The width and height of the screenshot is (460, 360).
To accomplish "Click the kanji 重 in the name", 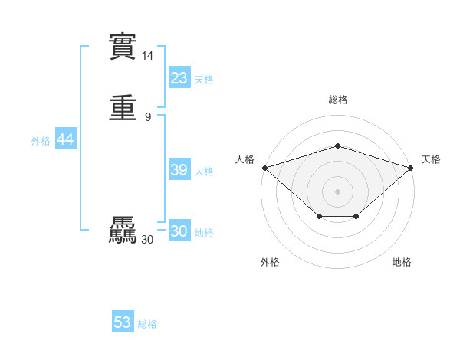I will click(x=123, y=107).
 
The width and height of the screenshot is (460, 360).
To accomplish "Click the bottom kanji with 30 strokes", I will click(x=123, y=231).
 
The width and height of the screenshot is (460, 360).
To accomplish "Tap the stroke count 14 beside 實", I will click(x=147, y=56).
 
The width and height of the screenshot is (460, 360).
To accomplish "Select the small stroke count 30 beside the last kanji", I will click(x=147, y=240).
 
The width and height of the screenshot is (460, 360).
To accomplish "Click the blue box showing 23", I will click(x=179, y=78).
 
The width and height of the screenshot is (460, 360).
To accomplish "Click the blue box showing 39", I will click(x=179, y=170).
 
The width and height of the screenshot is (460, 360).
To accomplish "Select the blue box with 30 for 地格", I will click(x=179, y=231).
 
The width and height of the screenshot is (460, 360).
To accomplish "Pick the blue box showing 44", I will click(x=65, y=139).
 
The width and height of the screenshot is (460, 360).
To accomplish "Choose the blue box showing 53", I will click(x=123, y=322).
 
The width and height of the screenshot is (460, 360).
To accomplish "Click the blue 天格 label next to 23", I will click(x=204, y=80).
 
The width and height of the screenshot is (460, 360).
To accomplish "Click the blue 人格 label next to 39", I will click(x=204, y=172).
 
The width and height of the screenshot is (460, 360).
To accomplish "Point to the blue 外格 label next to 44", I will click(x=41, y=141).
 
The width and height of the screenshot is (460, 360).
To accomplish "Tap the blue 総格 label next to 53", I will click(x=147, y=324).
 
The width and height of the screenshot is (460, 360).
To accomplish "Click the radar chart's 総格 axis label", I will click(x=337, y=100).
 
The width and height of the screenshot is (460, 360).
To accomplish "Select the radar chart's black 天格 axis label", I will click(x=431, y=159).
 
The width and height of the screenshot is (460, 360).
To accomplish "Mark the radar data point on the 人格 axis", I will click(x=264, y=167).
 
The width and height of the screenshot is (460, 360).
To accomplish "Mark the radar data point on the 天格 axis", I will click(x=411, y=167).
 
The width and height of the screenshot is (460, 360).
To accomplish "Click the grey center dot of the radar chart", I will click(x=337, y=191).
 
